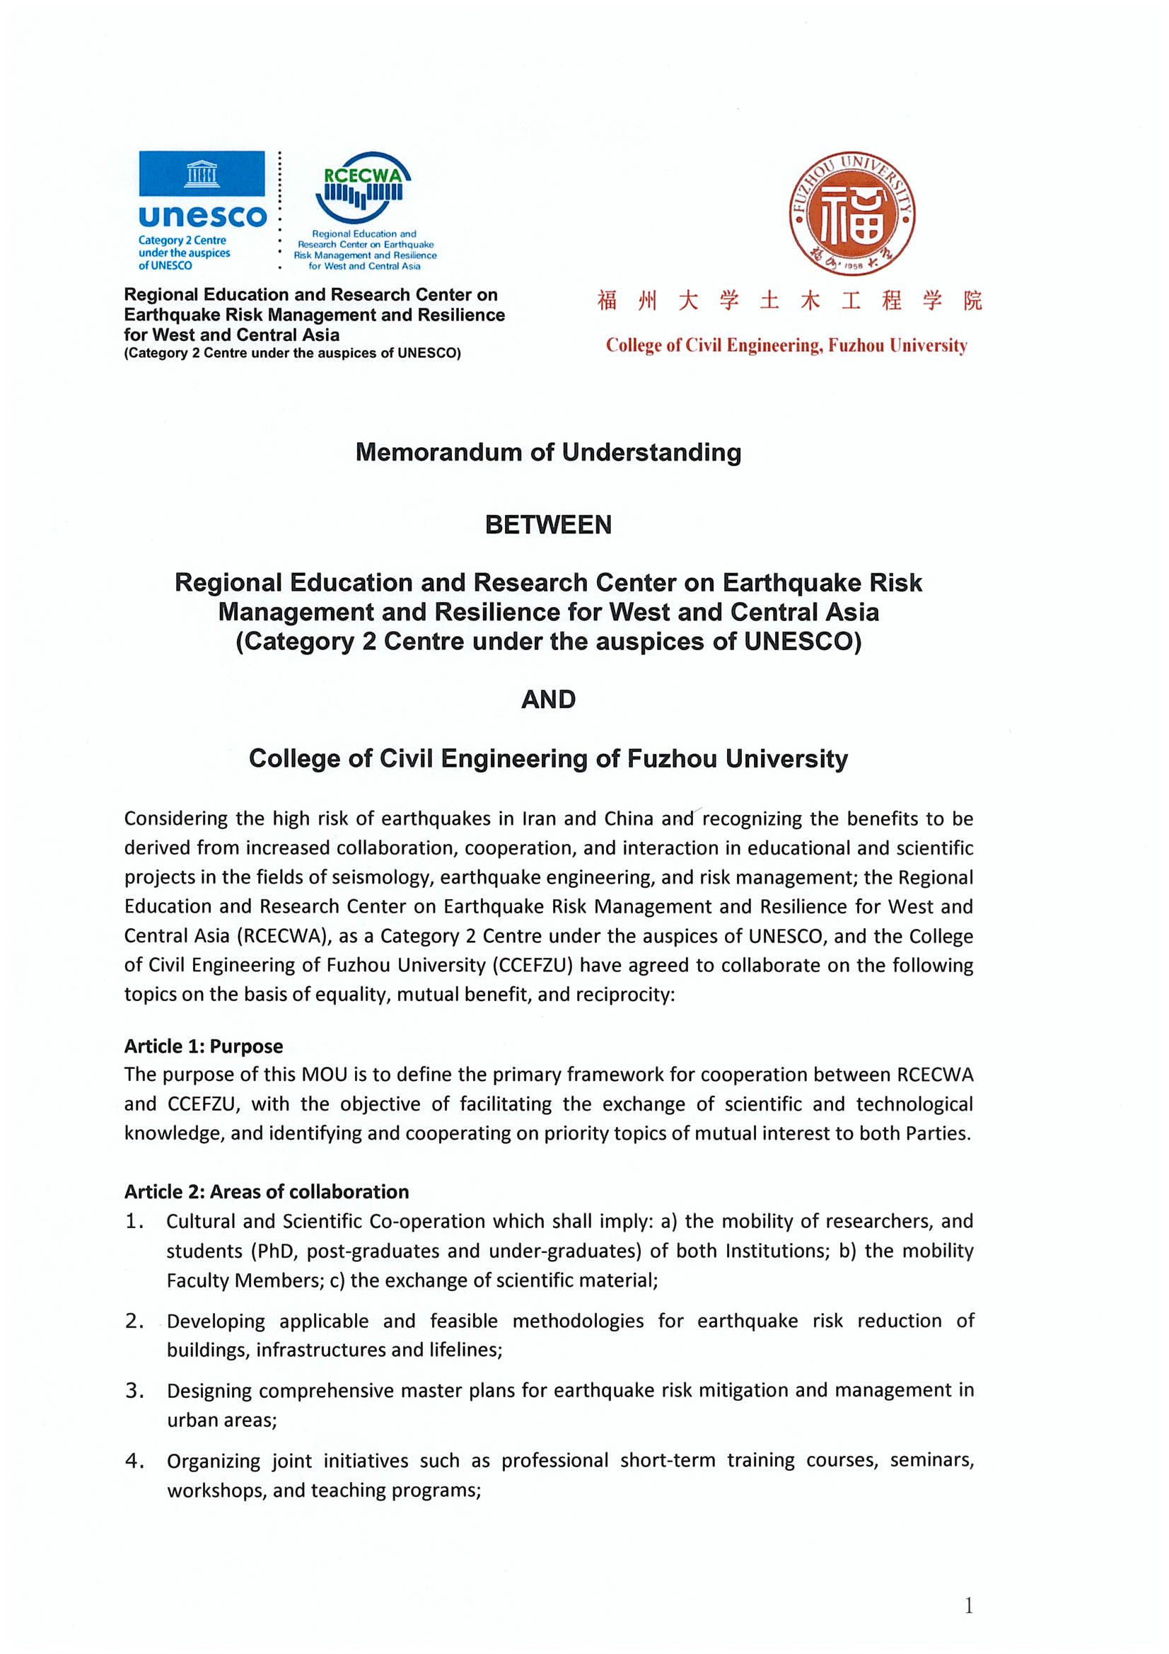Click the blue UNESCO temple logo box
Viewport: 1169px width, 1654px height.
[202, 173]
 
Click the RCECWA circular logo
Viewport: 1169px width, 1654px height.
[363, 187]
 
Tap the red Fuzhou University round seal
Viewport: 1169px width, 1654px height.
[851, 213]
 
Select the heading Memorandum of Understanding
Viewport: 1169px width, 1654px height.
[548, 452]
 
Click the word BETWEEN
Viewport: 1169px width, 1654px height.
[548, 524]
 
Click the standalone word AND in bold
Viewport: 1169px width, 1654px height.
[548, 700]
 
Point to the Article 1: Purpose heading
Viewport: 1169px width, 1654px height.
[203, 1046]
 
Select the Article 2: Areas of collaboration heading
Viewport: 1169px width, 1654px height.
[266, 1191]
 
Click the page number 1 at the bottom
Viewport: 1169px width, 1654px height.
[969, 1606]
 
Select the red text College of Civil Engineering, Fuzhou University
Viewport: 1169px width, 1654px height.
[786, 345]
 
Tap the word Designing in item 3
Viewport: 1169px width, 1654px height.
[209, 1391]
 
